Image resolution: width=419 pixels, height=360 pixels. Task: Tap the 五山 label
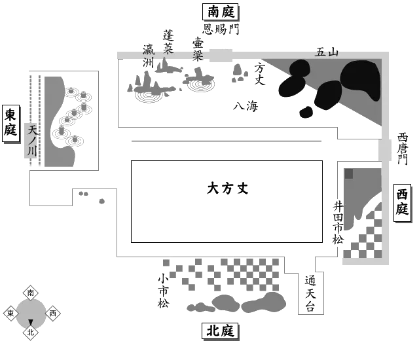(327, 53)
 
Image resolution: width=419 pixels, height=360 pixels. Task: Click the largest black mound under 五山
(361, 80)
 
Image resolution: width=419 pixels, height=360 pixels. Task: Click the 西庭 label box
(403, 204)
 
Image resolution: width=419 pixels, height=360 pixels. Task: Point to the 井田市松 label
(338, 223)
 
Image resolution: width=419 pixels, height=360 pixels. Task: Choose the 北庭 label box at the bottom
(219, 332)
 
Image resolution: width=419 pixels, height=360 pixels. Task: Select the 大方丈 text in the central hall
(228, 189)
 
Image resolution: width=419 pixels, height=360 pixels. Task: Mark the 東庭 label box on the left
(10, 123)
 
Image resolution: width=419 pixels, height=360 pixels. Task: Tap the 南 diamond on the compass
(30, 293)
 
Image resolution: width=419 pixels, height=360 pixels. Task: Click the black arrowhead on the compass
(30, 322)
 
